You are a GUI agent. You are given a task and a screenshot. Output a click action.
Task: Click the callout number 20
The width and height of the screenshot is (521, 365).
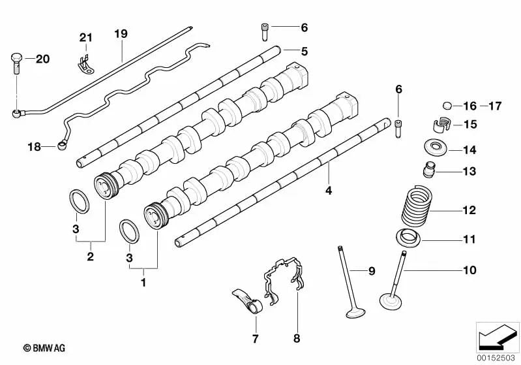[42, 59]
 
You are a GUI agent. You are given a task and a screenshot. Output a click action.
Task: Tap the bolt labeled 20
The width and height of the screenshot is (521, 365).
[16, 63]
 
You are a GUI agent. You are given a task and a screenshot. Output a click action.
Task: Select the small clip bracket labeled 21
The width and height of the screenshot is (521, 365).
[82, 65]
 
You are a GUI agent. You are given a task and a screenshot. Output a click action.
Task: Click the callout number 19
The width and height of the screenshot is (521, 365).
[119, 33]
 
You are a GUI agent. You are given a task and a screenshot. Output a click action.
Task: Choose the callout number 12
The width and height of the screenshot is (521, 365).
[469, 210]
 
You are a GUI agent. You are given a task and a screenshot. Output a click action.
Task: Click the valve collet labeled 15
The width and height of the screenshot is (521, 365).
[441, 123]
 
